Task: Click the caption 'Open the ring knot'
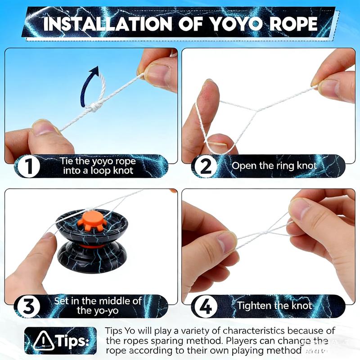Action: coord(274,166)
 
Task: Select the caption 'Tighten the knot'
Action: coord(275,306)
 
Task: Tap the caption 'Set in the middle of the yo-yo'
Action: coord(98,305)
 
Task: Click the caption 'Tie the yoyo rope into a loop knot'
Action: coord(97,166)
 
